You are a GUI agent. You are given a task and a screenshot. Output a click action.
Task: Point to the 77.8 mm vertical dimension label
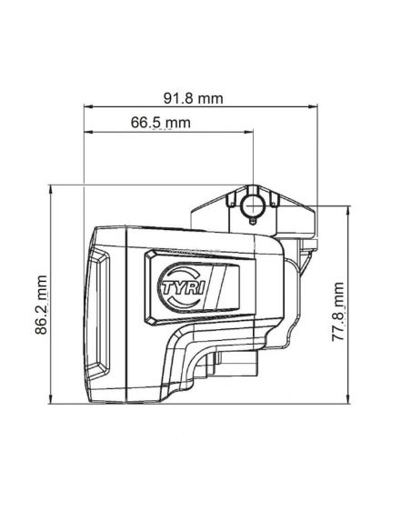(337, 311)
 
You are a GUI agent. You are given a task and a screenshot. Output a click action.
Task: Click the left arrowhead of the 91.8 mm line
(88, 106)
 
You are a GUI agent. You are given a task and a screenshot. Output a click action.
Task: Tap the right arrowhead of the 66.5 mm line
(249, 132)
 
